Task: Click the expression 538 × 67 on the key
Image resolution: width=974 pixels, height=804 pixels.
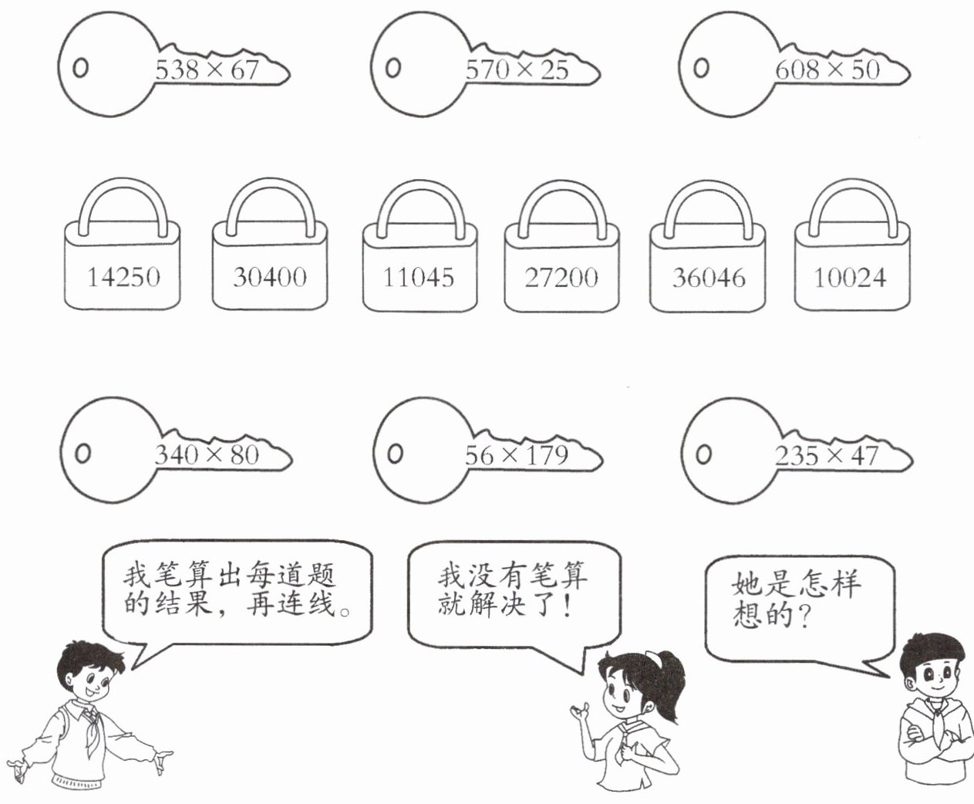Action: click(x=207, y=70)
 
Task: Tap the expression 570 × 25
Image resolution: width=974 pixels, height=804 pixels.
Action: click(x=517, y=70)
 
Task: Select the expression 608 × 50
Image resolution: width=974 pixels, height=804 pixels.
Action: click(x=827, y=70)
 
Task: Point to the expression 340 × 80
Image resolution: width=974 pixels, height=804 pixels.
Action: click(x=207, y=454)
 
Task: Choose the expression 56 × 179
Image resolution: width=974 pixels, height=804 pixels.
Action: click(x=516, y=455)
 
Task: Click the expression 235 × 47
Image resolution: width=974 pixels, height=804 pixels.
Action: click(x=827, y=455)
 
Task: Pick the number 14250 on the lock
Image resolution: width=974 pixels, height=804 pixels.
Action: click(x=123, y=276)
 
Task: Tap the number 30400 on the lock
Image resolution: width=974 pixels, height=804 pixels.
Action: click(x=269, y=276)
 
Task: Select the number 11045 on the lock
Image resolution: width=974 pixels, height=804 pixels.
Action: click(x=419, y=276)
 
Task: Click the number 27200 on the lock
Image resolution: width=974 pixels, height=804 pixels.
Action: click(x=561, y=277)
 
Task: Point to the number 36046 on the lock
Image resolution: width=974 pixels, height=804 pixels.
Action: click(x=708, y=277)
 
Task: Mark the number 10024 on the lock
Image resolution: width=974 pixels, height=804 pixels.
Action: click(x=851, y=277)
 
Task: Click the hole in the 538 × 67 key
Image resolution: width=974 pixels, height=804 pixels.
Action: click(x=80, y=68)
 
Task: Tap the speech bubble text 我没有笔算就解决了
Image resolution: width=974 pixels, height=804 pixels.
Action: click(x=512, y=590)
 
